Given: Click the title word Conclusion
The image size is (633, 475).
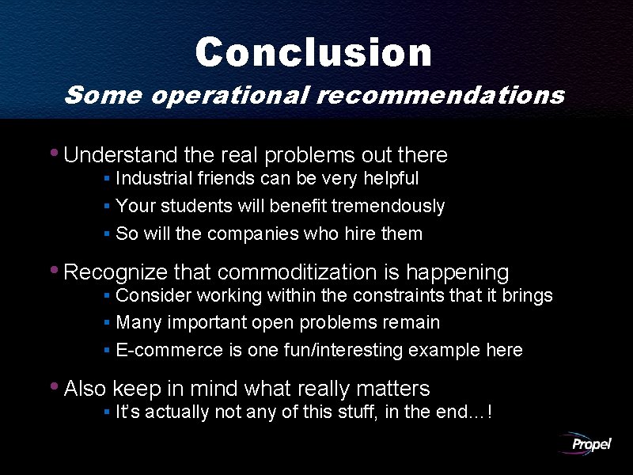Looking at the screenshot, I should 313,52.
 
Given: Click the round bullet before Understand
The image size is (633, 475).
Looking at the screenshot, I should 54,151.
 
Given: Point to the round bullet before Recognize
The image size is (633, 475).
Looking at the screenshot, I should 54,269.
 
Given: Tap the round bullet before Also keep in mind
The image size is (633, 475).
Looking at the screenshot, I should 54,386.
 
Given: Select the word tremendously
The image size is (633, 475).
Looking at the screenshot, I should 388,207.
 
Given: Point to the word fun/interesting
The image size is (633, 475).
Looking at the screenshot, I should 341,350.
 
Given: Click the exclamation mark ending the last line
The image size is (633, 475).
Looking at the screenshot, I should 492,412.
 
